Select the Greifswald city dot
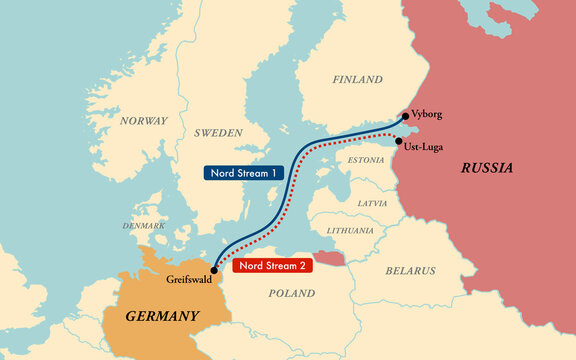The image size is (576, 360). click(215, 270)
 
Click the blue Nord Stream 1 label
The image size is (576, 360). click(242, 172)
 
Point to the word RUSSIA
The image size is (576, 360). click(487, 168)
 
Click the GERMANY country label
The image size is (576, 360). click(162, 316)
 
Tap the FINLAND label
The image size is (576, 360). click(357, 79)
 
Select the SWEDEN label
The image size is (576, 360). click(218, 132)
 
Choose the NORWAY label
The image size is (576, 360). click(144, 120)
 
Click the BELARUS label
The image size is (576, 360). click(411, 270)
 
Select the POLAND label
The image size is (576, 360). click(291, 293)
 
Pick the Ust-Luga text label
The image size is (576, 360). click(421, 146)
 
